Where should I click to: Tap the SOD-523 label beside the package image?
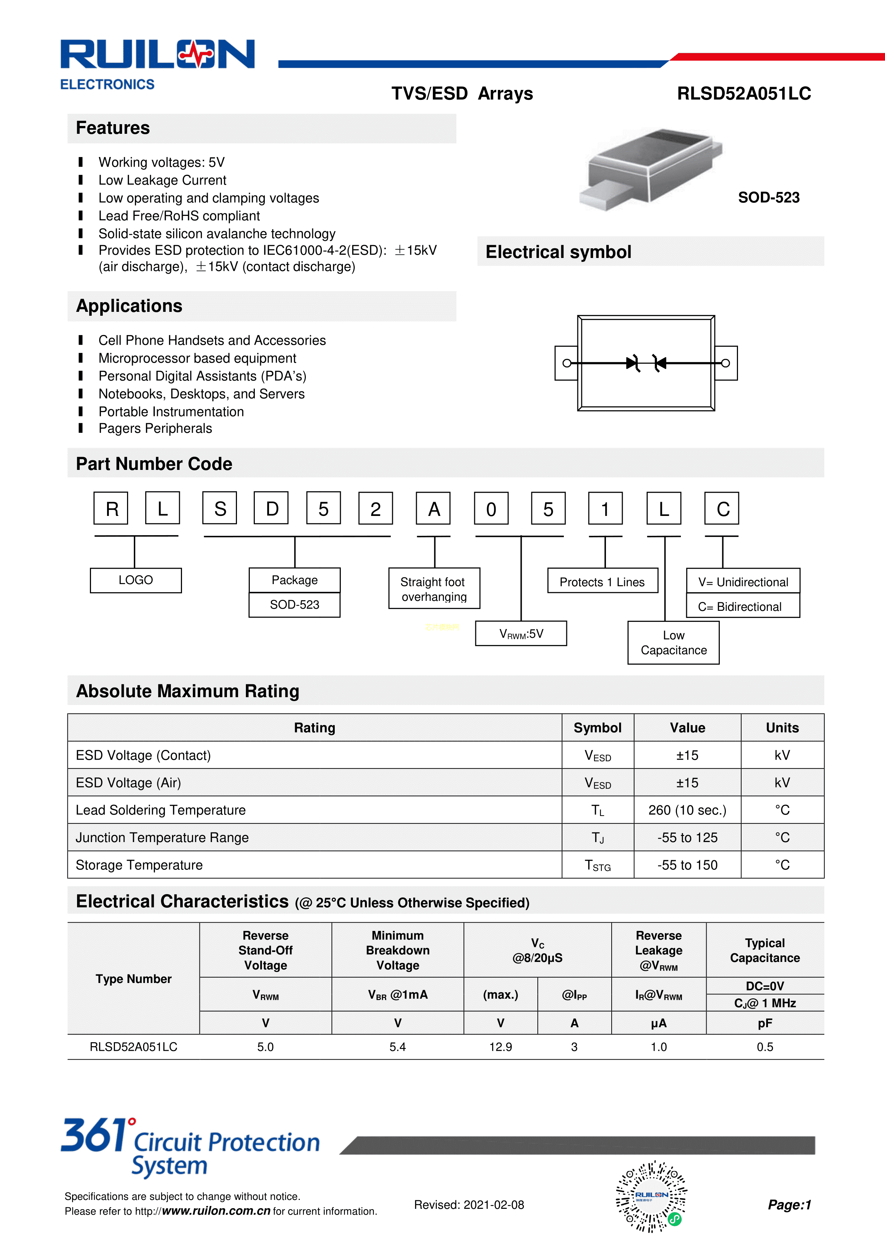point(768,197)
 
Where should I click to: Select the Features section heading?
point(113,128)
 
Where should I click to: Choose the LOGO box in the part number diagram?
point(136,580)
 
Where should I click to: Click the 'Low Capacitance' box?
point(673,643)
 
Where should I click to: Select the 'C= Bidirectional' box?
point(743,606)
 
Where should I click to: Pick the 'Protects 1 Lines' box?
point(602,582)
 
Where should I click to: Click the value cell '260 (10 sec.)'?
point(687,810)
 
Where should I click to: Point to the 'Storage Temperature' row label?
point(139,865)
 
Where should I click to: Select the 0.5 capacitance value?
point(764,1047)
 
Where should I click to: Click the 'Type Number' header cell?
point(133,979)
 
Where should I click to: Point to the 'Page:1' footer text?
point(789,1205)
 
